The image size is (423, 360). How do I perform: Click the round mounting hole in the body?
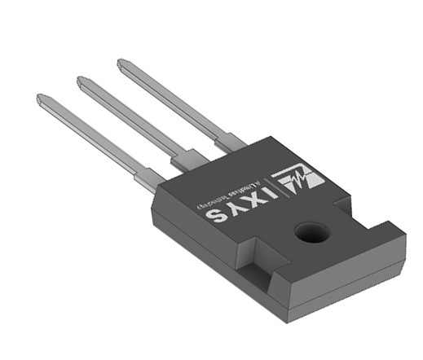click(311, 234)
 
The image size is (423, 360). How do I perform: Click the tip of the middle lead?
click(81, 80)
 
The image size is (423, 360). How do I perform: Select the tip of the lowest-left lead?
click(40, 98)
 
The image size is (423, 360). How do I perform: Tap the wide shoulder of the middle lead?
click(189, 157)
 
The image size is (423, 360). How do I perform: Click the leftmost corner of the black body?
click(152, 213)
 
